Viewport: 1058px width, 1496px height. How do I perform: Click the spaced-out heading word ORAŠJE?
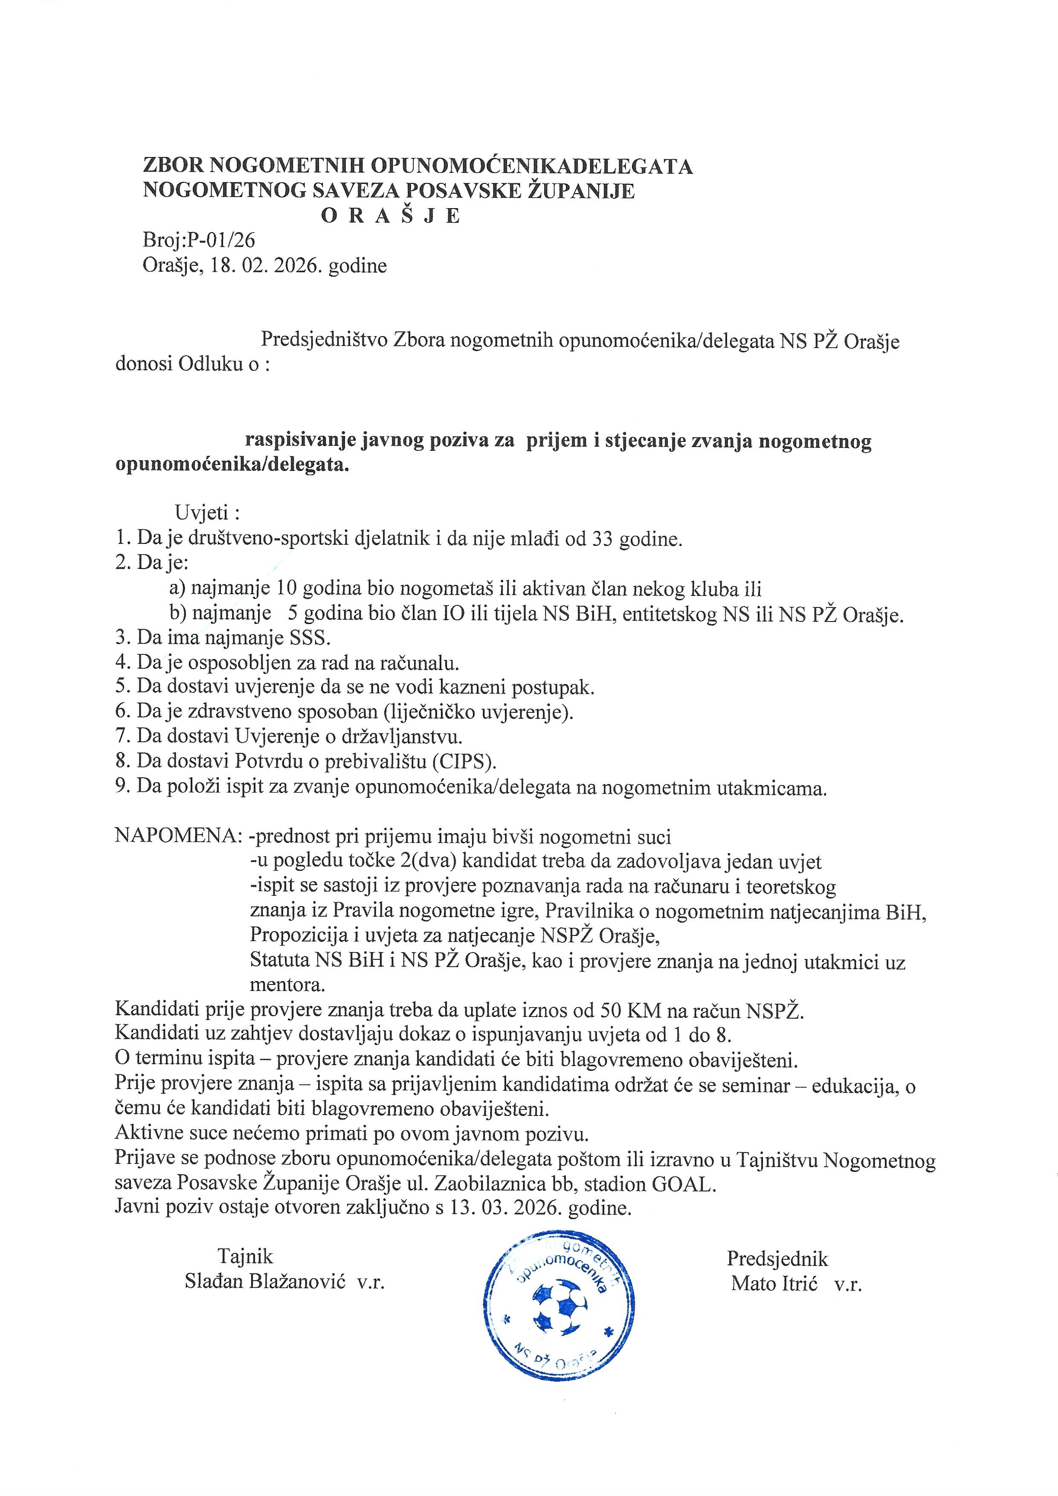[x=391, y=216]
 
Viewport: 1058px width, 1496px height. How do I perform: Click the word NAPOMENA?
[x=178, y=837]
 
